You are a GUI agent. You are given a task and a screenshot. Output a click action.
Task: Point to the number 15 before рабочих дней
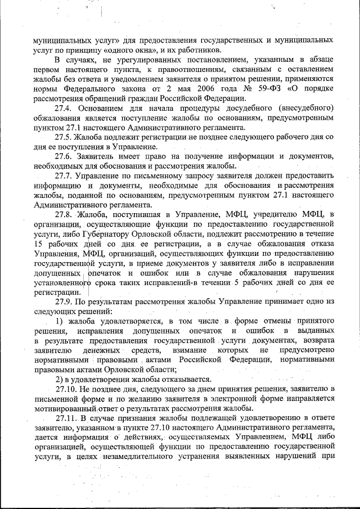pyautogui.click(x=39, y=244)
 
